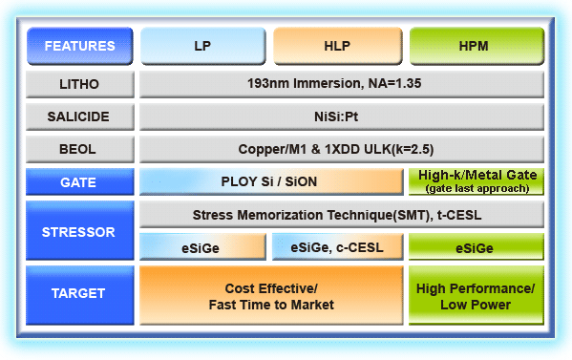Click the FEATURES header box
coord(80,45)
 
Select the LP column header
coord(202,45)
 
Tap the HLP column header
coord(337,45)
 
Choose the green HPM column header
coord(476,45)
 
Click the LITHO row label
coord(80,84)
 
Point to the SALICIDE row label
coord(80,116)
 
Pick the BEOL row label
coord(80,149)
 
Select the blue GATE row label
coord(80,181)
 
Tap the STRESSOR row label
coord(80,230)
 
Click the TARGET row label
coord(80,295)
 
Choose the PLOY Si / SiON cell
coord(271,181)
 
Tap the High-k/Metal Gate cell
coord(476,181)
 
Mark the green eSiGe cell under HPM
coord(476,247)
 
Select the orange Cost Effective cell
coord(271,295)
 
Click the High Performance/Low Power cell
coord(476,295)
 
